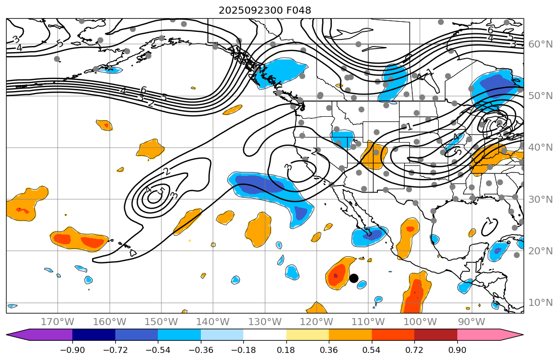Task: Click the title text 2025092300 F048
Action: (265, 10)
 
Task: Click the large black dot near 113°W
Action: (354, 278)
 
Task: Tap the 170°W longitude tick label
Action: (58, 322)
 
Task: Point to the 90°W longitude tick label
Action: (471, 322)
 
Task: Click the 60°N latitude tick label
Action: (540, 44)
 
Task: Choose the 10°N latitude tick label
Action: (540, 303)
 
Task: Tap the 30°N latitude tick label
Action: (540, 199)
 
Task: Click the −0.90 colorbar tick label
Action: (72, 350)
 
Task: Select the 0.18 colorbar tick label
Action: (286, 350)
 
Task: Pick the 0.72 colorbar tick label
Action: (414, 350)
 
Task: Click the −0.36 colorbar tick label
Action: (201, 350)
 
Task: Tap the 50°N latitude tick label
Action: (540, 96)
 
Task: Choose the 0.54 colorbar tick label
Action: (372, 350)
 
